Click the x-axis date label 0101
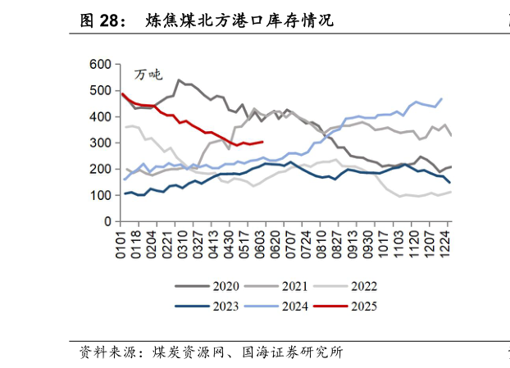(x=122, y=244)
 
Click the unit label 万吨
(x=148, y=75)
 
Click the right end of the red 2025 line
(x=262, y=142)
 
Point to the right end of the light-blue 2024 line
(x=442, y=98)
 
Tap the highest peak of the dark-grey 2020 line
(x=179, y=80)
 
